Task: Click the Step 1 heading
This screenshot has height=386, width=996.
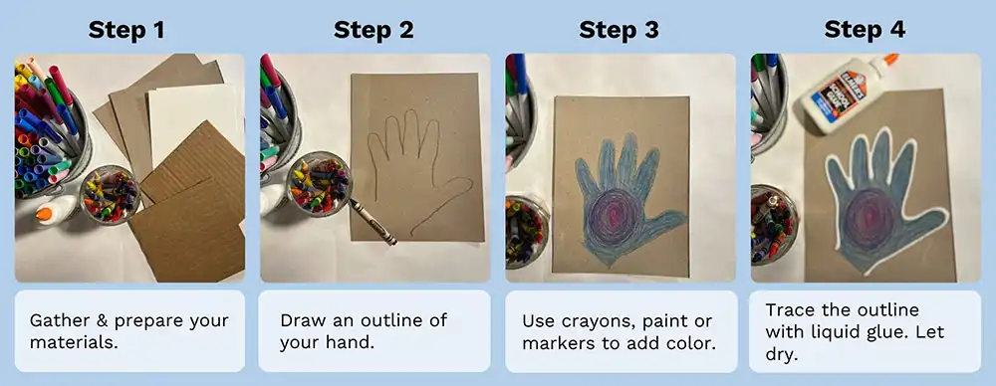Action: [x=127, y=29]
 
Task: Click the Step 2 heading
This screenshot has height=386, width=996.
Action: [x=373, y=29]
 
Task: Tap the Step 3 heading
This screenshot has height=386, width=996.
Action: [x=619, y=29]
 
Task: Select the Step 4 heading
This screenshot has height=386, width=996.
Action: [x=865, y=29]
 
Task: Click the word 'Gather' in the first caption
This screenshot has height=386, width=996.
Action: [x=58, y=320]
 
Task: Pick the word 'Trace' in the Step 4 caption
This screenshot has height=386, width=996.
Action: [x=790, y=309]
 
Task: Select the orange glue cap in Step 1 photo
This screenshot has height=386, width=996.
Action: [x=44, y=213]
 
